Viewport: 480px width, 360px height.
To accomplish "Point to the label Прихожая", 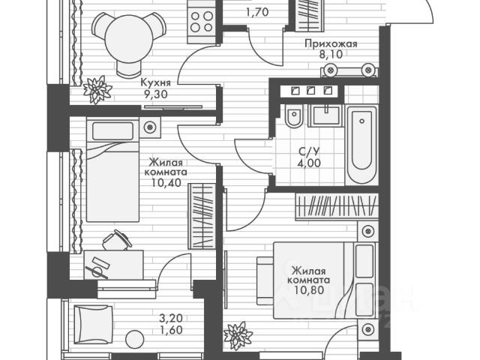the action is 331,44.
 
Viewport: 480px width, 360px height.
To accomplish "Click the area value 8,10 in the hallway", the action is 330,55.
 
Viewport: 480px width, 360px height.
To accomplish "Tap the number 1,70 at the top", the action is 257,11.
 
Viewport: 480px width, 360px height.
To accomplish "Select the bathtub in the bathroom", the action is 364,146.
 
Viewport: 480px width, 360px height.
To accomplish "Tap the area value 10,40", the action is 168,181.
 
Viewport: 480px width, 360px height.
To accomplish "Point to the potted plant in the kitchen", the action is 97,89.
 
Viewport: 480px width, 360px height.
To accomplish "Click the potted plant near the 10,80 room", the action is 238,334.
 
